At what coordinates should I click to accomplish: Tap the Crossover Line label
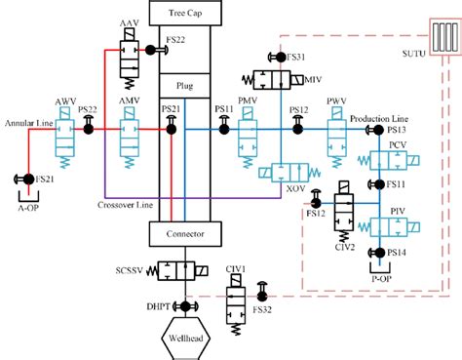[x=123, y=205]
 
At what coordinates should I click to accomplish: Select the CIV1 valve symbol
[x=236, y=300]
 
